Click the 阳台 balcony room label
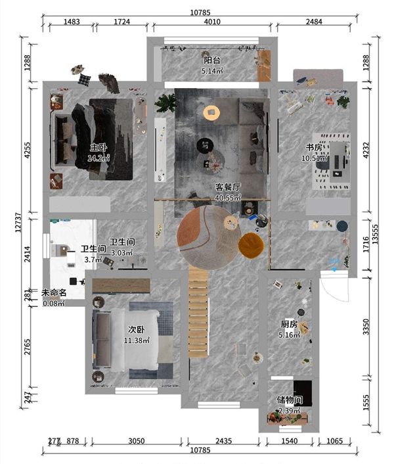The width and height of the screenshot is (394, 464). (x=212, y=60)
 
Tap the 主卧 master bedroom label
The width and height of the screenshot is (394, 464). (x=98, y=147)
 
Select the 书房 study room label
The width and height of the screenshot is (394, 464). (x=314, y=147)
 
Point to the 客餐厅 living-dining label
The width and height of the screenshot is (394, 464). (x=228, y=187)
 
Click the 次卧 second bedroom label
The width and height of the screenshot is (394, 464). (x=137, y=329)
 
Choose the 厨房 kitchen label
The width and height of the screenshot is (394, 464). (x=289, y=324)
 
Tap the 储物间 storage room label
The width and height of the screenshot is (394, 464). (x=290, y=400)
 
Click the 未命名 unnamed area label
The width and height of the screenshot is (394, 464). (x=54, y=293)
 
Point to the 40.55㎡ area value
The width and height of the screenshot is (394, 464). (x=228, y=198)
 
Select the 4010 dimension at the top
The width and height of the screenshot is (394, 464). (x=212, y=22)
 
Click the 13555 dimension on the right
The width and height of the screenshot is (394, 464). (x=375, y=235)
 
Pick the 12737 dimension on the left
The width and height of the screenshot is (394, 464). (x=18, y=222)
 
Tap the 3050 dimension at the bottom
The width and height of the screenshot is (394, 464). (x=137, y=441)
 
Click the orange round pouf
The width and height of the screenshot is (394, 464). (x=252, y=245)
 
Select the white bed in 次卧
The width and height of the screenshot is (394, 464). (x=135, y=340)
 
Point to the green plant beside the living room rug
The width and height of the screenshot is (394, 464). (x=166, y=103)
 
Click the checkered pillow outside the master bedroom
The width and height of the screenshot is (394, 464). (x=85, y=80)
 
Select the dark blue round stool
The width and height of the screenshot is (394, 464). (x=342, y=226)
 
